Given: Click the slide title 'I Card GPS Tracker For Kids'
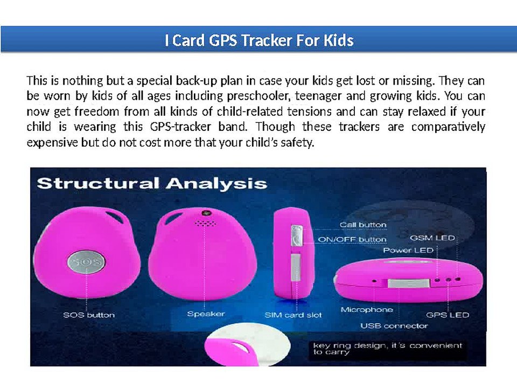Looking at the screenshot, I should tap(258, 40).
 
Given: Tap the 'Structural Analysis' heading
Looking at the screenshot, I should tap(151, 183).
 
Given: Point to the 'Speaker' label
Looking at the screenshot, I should tap(206, 314).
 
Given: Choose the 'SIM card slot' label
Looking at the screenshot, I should tap(293, 315).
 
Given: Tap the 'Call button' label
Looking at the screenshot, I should tap(362, 225).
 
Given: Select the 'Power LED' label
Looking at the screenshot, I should tap(408, 251).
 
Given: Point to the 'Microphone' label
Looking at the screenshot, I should tap(367, 310).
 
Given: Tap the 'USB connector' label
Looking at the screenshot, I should tap(394, 325).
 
